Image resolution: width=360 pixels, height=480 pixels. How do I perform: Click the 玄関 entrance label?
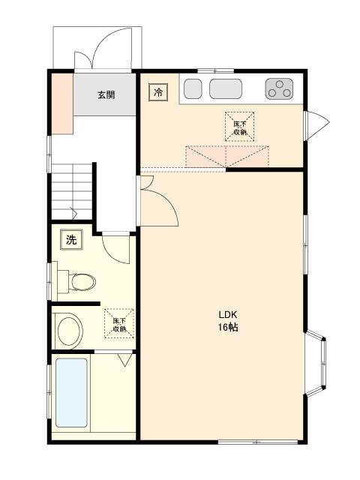pos(106,95)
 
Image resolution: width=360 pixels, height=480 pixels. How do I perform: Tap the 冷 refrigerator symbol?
pos(158,92)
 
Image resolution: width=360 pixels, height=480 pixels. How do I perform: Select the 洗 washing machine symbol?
pos(71,239)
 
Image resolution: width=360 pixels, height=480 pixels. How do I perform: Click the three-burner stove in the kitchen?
pos(279,88)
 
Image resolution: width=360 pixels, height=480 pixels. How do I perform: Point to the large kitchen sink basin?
pos(226,88)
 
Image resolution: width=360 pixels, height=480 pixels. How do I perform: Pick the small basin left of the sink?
pos(193,88)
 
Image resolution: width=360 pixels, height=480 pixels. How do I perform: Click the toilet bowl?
pos(82,282)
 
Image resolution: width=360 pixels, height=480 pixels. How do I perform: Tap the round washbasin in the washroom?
pos(70,331)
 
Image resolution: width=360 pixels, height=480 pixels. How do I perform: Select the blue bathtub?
pos(71,393)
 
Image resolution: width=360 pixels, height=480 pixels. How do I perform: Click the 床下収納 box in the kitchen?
pos(240,127)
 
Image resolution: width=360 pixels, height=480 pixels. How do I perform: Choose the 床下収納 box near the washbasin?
pos(119,323)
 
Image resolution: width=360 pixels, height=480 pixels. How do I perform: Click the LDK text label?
pos(228,315)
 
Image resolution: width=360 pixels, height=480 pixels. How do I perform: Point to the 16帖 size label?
pos(228,327)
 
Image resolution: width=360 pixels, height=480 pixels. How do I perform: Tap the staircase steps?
pos(72,192)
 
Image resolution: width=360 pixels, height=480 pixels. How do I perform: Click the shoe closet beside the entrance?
pos(62,103)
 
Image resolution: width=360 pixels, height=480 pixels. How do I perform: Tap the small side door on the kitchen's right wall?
pos(316,125)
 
